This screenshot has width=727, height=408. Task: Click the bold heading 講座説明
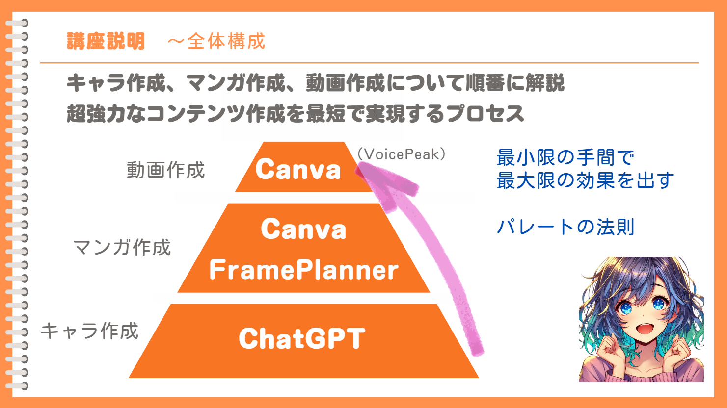click(x=106, y=41)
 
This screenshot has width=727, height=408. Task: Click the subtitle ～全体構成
click(x=216, y=41)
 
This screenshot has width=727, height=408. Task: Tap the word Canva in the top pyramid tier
click(x=298, y=169)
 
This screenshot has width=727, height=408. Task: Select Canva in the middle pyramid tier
click(x=303, y=229)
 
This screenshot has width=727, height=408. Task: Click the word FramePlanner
click(x=304, y=270)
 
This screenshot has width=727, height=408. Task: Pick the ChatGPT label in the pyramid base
click(x=302, y=338)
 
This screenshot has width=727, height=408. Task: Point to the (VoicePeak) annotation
click(x=402, y=154)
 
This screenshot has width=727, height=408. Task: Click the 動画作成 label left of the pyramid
click(x=166, y=170)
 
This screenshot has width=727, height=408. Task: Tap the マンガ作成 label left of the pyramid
click(x=122, y=248)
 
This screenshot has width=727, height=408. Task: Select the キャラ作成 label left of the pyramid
click(x=89, y=331)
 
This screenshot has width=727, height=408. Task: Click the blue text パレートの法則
click(x=565, y=227)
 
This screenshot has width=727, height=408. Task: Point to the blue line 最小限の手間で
click(x=565, y=157)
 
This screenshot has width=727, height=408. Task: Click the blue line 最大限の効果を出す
click(x=586, y=180)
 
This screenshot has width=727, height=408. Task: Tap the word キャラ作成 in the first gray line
click(x=116, y=83)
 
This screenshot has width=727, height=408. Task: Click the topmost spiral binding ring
click(x=17, y=23)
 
